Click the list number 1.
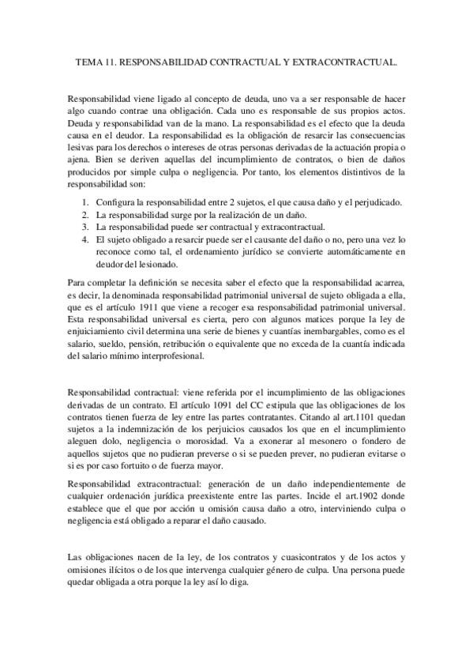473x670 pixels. (84, 203)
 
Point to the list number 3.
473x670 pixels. (84, 226)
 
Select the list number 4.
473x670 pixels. (84, 238)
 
